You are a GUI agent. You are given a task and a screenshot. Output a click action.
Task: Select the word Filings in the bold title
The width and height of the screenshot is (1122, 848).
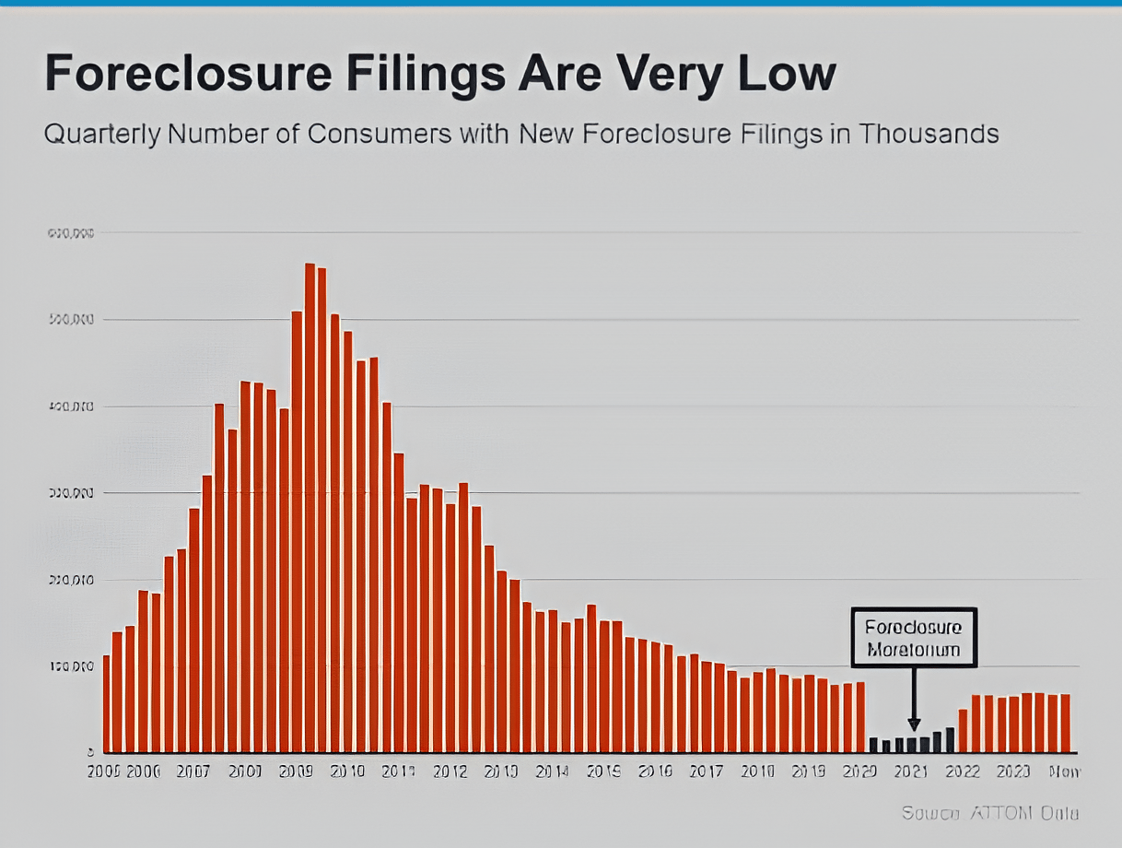409,74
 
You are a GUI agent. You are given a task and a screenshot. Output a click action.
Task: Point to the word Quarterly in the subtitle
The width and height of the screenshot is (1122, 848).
104,135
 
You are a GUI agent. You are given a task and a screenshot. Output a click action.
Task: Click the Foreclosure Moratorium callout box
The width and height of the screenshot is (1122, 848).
913,637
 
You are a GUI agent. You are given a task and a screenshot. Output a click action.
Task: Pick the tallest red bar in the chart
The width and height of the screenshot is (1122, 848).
310,507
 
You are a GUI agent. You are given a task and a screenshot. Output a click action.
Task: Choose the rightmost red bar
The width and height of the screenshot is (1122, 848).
1065,724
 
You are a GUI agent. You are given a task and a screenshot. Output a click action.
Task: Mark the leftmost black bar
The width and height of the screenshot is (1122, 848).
873,745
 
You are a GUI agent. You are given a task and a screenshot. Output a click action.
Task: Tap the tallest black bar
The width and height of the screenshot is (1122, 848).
950,740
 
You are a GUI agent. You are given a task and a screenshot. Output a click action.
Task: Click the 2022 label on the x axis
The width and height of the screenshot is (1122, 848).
963,771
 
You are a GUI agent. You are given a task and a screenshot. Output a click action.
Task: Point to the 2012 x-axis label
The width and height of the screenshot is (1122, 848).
450,771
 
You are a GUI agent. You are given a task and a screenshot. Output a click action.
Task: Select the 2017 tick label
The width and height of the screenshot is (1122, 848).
706,771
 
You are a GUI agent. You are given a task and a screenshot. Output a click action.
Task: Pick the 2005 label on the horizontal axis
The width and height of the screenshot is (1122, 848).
104,771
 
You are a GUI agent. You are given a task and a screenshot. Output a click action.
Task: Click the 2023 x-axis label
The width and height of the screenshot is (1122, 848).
1013,771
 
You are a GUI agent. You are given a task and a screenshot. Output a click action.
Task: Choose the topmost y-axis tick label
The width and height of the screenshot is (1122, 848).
70,233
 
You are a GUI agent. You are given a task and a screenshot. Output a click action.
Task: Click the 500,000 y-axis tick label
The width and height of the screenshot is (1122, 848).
70,320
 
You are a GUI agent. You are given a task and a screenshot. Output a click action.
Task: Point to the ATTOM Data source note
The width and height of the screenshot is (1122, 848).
989,813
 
